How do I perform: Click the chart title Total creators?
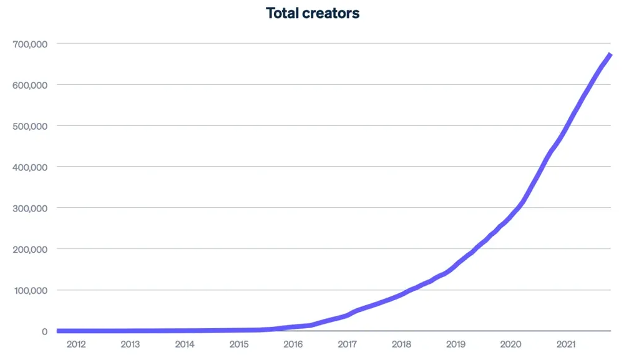click(313, 12)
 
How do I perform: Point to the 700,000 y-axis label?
click(29, 44)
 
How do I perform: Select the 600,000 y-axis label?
click(29, 85)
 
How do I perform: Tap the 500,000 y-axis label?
click(29, 126)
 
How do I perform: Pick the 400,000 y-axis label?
click(29, 167)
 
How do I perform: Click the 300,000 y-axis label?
click(29, 208)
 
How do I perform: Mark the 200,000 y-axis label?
click(29, 249)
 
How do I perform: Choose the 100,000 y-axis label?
click(29, 290)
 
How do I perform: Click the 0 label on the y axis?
click(44, 331)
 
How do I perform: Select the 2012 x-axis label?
click(76, 344)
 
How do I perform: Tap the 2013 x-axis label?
click(130, 344)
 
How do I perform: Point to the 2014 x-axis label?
click(185, 344)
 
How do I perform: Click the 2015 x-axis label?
click(239, 344)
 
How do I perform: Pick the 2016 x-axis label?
click(293, 344)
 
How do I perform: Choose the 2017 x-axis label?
click(348, 344)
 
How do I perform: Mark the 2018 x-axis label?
click(402, 344)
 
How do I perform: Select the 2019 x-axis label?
click(456, 344)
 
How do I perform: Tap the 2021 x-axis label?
click(565, 344)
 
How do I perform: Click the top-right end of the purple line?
click(610, 55)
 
